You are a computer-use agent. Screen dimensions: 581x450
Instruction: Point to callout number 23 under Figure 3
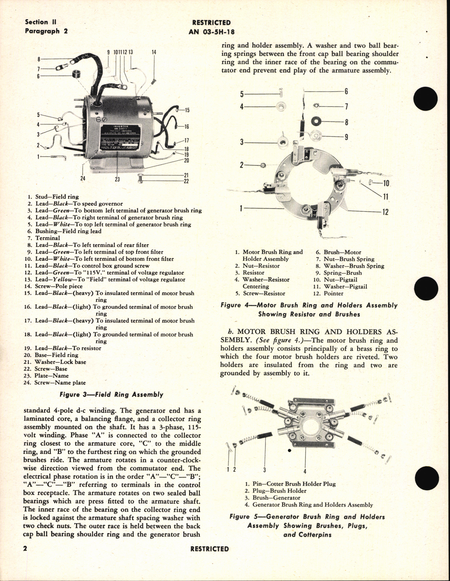(117, 179)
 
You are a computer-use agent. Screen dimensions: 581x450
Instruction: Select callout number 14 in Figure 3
(154, 52)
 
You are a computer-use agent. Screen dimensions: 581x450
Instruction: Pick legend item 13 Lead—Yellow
(110, 279)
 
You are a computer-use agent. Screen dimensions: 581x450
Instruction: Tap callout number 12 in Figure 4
(385, 212)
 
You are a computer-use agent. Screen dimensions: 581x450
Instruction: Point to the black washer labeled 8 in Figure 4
(317, 121)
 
